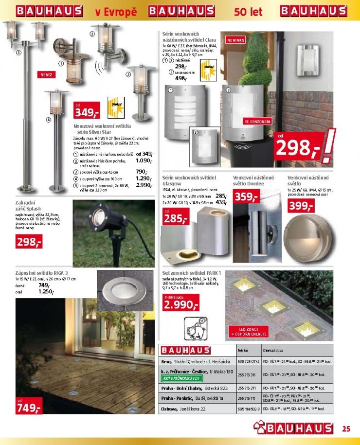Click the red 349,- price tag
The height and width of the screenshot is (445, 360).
click(88, 112)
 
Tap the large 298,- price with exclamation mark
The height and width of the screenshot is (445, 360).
click(299, 146)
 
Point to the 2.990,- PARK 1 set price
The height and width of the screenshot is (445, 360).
click(180, 304)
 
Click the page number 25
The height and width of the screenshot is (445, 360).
click(346, 428)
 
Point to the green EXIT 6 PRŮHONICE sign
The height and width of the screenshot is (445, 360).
click(181, 378)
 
